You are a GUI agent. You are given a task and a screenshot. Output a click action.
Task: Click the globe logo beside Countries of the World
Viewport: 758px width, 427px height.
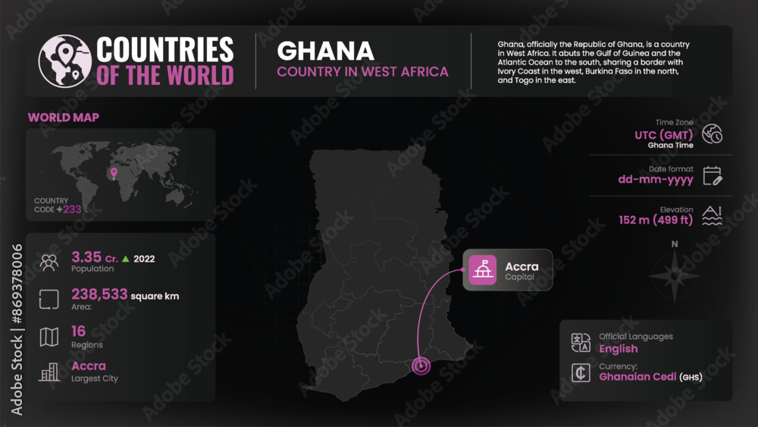click(64, 61)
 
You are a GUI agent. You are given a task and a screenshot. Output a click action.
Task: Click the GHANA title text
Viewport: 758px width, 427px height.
click(325, 51)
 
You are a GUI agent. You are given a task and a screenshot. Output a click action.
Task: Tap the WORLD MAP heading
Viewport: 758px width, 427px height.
click(64, 118)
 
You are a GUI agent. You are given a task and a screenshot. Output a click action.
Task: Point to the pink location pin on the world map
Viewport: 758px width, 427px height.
click(114, 173)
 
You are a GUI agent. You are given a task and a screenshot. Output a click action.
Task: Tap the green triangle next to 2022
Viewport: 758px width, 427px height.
click(125, 259)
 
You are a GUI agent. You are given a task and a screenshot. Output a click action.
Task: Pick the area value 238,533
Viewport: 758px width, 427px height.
click(99, 294)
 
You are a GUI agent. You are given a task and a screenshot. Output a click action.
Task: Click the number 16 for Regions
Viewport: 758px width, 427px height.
click(79, 331)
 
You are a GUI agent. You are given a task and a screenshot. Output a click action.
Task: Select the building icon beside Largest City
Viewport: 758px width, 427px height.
click(49, 372)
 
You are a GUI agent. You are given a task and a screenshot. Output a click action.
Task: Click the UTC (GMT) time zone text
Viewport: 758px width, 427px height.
click(664, 135)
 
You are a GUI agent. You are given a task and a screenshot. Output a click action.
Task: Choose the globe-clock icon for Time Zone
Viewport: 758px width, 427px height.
click(713, 134)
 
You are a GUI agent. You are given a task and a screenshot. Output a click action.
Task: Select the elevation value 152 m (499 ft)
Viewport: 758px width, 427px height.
click(656, 221)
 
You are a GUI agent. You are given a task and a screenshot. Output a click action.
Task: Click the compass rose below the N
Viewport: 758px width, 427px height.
click(675, 274)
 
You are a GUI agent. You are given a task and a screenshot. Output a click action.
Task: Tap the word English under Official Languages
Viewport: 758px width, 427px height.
click(619, 349)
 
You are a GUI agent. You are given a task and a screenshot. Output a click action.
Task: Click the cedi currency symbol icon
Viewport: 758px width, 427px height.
click(581, 372)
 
